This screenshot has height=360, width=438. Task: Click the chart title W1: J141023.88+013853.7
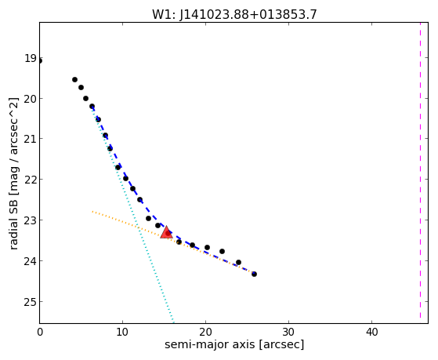point(234,14)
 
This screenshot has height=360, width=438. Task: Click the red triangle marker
point(166,232)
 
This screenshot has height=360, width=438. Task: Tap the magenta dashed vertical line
point(420,170)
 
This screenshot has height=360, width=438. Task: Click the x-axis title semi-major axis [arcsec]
point(234,344)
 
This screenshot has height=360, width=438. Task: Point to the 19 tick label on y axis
point(31,59)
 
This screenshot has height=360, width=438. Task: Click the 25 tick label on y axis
point(31,302)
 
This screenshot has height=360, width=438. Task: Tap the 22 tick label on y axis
point(31,180)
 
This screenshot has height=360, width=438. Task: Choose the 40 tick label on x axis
point(371,332)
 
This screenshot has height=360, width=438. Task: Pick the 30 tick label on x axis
point(288,332)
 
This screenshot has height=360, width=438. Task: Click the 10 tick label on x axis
point(122,332)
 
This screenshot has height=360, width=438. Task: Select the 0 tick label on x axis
point(40,332)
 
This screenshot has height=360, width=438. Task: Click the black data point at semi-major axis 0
point(40,61)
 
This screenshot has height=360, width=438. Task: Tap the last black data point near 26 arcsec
point(254,275)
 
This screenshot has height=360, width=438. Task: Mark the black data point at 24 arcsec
point(238,263)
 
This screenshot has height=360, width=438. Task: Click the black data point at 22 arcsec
point(222,252)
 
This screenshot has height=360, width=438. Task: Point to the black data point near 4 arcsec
point(75,80)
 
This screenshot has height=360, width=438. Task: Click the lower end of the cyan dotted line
point(173,322)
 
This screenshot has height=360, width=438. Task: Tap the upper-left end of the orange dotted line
point(92,212)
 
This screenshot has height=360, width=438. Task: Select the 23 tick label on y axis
point(31,220)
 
